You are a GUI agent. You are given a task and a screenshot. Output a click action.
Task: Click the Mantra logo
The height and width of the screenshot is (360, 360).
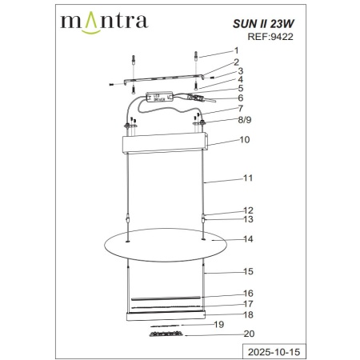pyautogui.click(x=104, y=18)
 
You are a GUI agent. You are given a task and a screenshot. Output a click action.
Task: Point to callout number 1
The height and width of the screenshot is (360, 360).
pyautogui.click(x=237, y=51)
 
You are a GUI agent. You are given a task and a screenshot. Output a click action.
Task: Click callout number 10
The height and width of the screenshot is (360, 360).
pyautogui.click(x=245, y=139)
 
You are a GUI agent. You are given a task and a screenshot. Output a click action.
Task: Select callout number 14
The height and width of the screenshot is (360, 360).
pyautogui.click(x=248, y=239)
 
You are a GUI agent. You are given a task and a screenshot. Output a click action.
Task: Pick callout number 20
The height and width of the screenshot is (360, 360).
pyautogui.click(x=249, y=334)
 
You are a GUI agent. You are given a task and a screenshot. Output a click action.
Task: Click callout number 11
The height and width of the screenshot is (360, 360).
pyautogui.click(x=248, y=181)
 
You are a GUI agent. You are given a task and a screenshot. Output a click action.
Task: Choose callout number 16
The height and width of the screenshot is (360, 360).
pyautogui.click(x=248, y=294)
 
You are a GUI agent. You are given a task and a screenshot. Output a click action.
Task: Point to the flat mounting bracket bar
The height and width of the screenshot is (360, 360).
pyautogui.click(x=160, y=80)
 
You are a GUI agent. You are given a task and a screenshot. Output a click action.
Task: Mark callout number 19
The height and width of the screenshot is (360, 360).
pyautogui.click(x=219, y=324)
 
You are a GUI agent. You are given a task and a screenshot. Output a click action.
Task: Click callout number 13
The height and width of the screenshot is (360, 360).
pyautogui.click(x=248, y=219)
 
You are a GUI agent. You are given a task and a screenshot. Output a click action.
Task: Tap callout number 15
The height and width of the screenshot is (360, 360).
pyautogui.click(x=248, y=272)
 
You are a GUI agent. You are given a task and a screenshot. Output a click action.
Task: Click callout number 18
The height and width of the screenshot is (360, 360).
pyautogui.click(x=248, y=315)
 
